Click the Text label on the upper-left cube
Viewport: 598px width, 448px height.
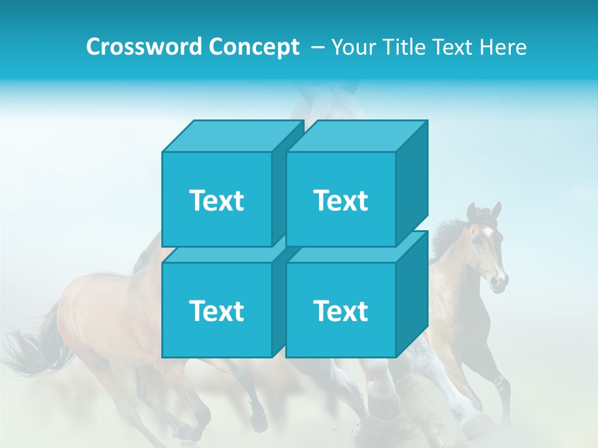216,200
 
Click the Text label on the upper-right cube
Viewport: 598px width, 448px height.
341,200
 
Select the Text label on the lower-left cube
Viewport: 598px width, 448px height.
216,310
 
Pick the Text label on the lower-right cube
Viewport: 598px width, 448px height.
341,310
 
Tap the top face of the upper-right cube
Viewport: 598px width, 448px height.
356,136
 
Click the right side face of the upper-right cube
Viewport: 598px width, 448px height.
412,184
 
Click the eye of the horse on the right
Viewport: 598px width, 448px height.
476,240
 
